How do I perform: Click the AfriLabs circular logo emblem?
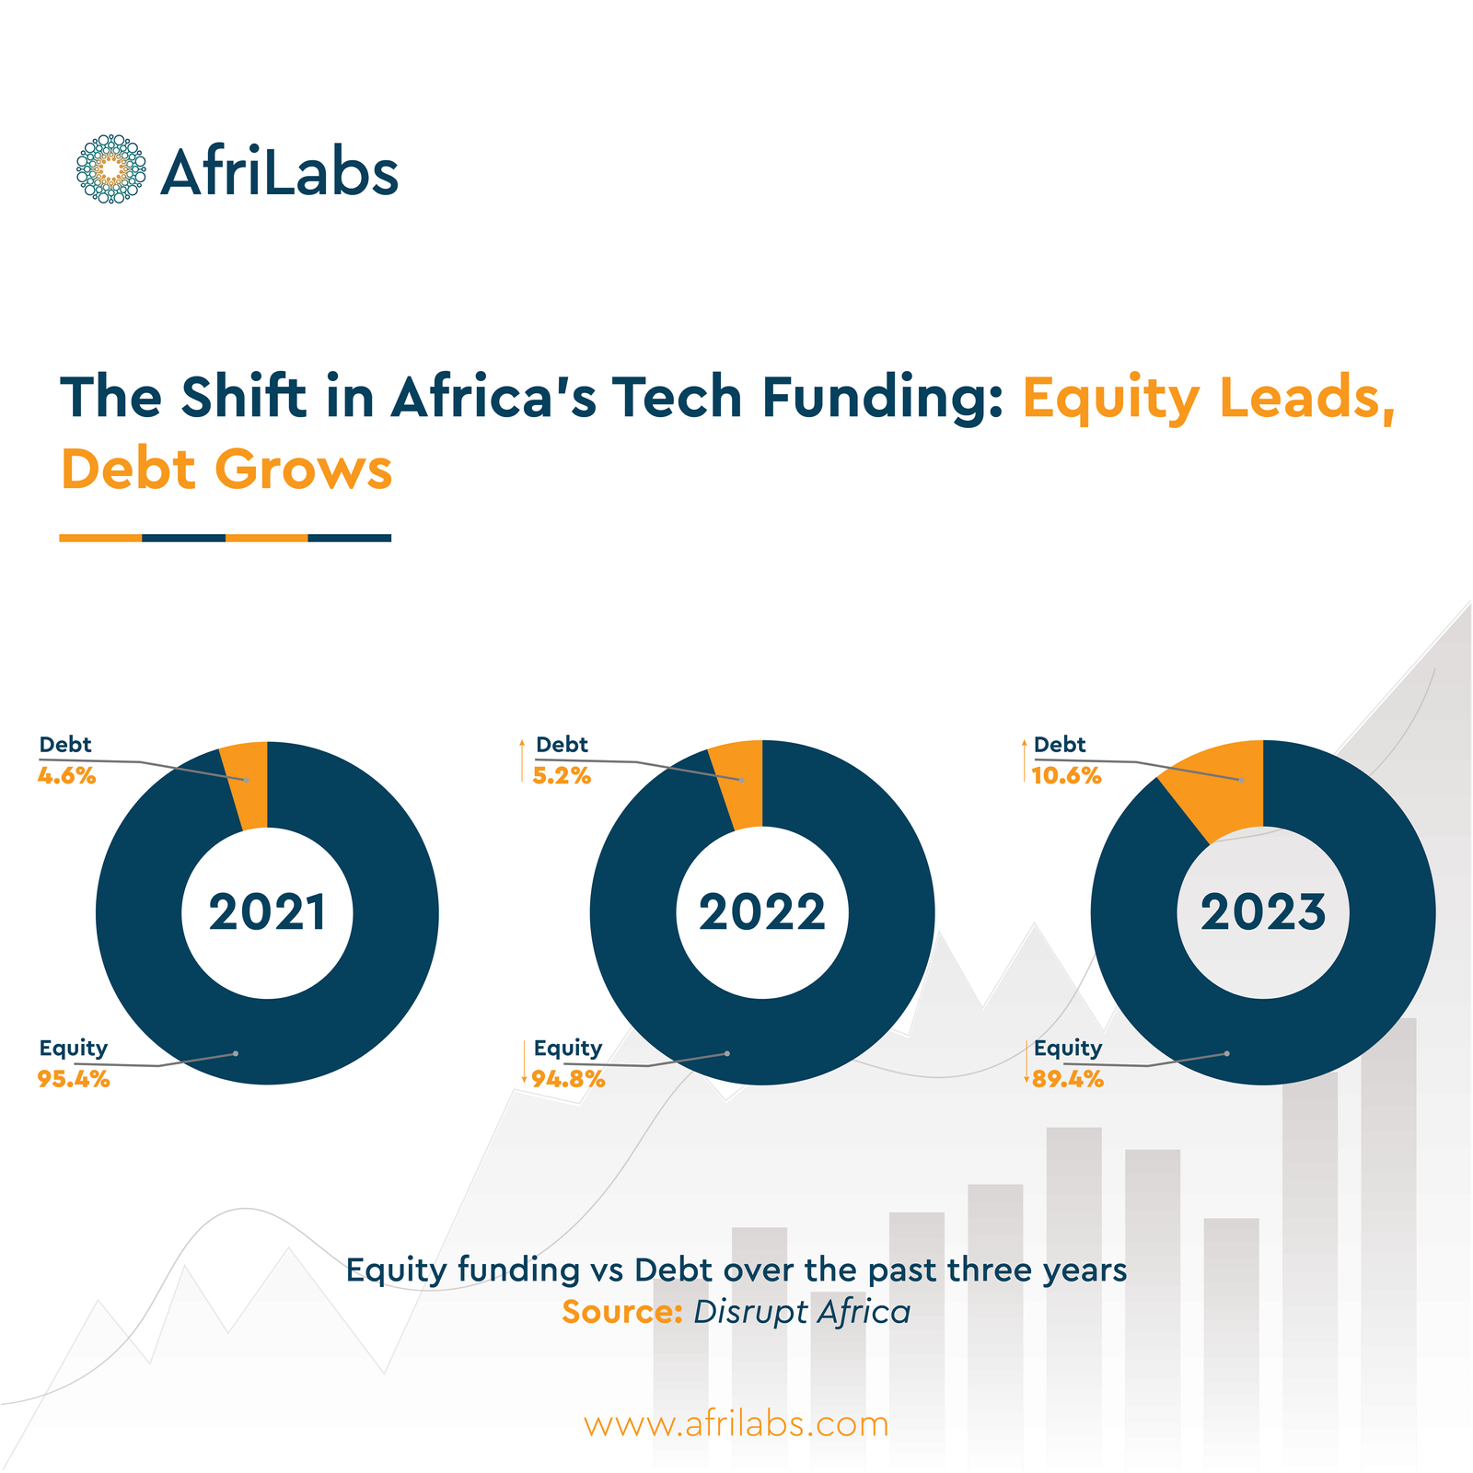[x=110, y=169]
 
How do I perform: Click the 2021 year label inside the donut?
[x=267, y=912]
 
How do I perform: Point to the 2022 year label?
[x=762, y=912]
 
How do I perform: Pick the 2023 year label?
[x=1263, y=912]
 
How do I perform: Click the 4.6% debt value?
[x=67, y=776]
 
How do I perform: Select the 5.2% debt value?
[x=562, y=776]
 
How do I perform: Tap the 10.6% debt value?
[x=1066, y=776]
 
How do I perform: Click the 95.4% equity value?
[x=74, y=1080]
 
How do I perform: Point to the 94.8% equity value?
[x=569, y=1080]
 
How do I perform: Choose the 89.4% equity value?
[x=1068, y=1080]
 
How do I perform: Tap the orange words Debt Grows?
[x=226, y=470]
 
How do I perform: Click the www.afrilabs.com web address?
[x=736, y=1423]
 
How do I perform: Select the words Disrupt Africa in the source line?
[x=802, y=1312]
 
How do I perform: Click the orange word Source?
[x=621, y=1312]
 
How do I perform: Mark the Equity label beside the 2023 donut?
[x=1068, y=1048]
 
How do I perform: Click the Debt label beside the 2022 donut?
[x=562, y=745]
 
